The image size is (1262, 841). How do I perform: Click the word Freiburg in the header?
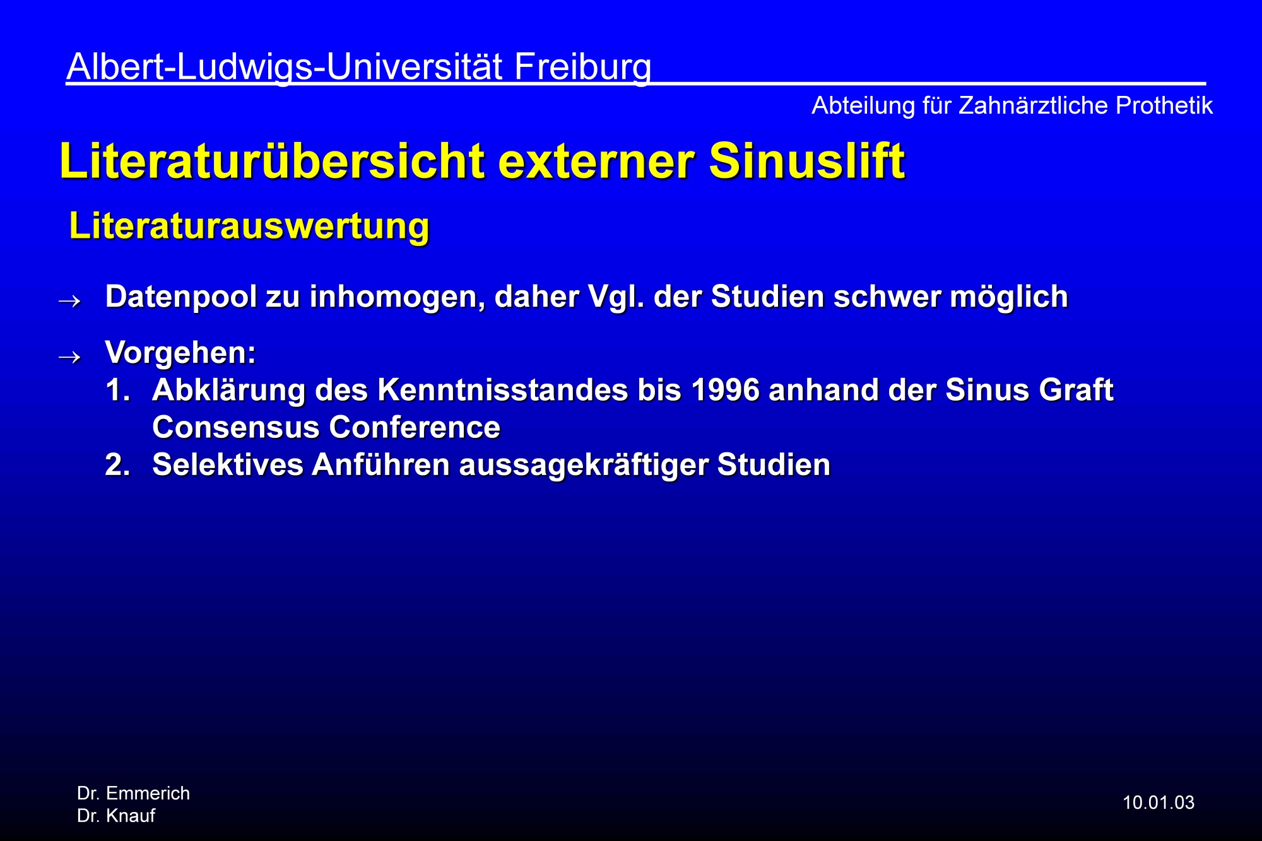tap(582, 67)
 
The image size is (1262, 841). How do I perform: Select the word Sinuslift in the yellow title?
tap(807, 161)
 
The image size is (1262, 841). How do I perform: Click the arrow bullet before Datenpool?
tap(69, 301)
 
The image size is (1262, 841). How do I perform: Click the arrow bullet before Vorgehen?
tap(69, 357)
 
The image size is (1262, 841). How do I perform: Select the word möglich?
tap(1009, 297)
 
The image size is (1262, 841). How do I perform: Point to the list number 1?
tap(117, 390)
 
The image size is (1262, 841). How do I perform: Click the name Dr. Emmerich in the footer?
tap(133, 793)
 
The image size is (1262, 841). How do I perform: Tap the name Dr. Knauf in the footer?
tap(116, 816)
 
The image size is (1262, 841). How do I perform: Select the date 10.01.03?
tap(1159, 803)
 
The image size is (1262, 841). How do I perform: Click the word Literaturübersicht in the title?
tap(272, 161)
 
